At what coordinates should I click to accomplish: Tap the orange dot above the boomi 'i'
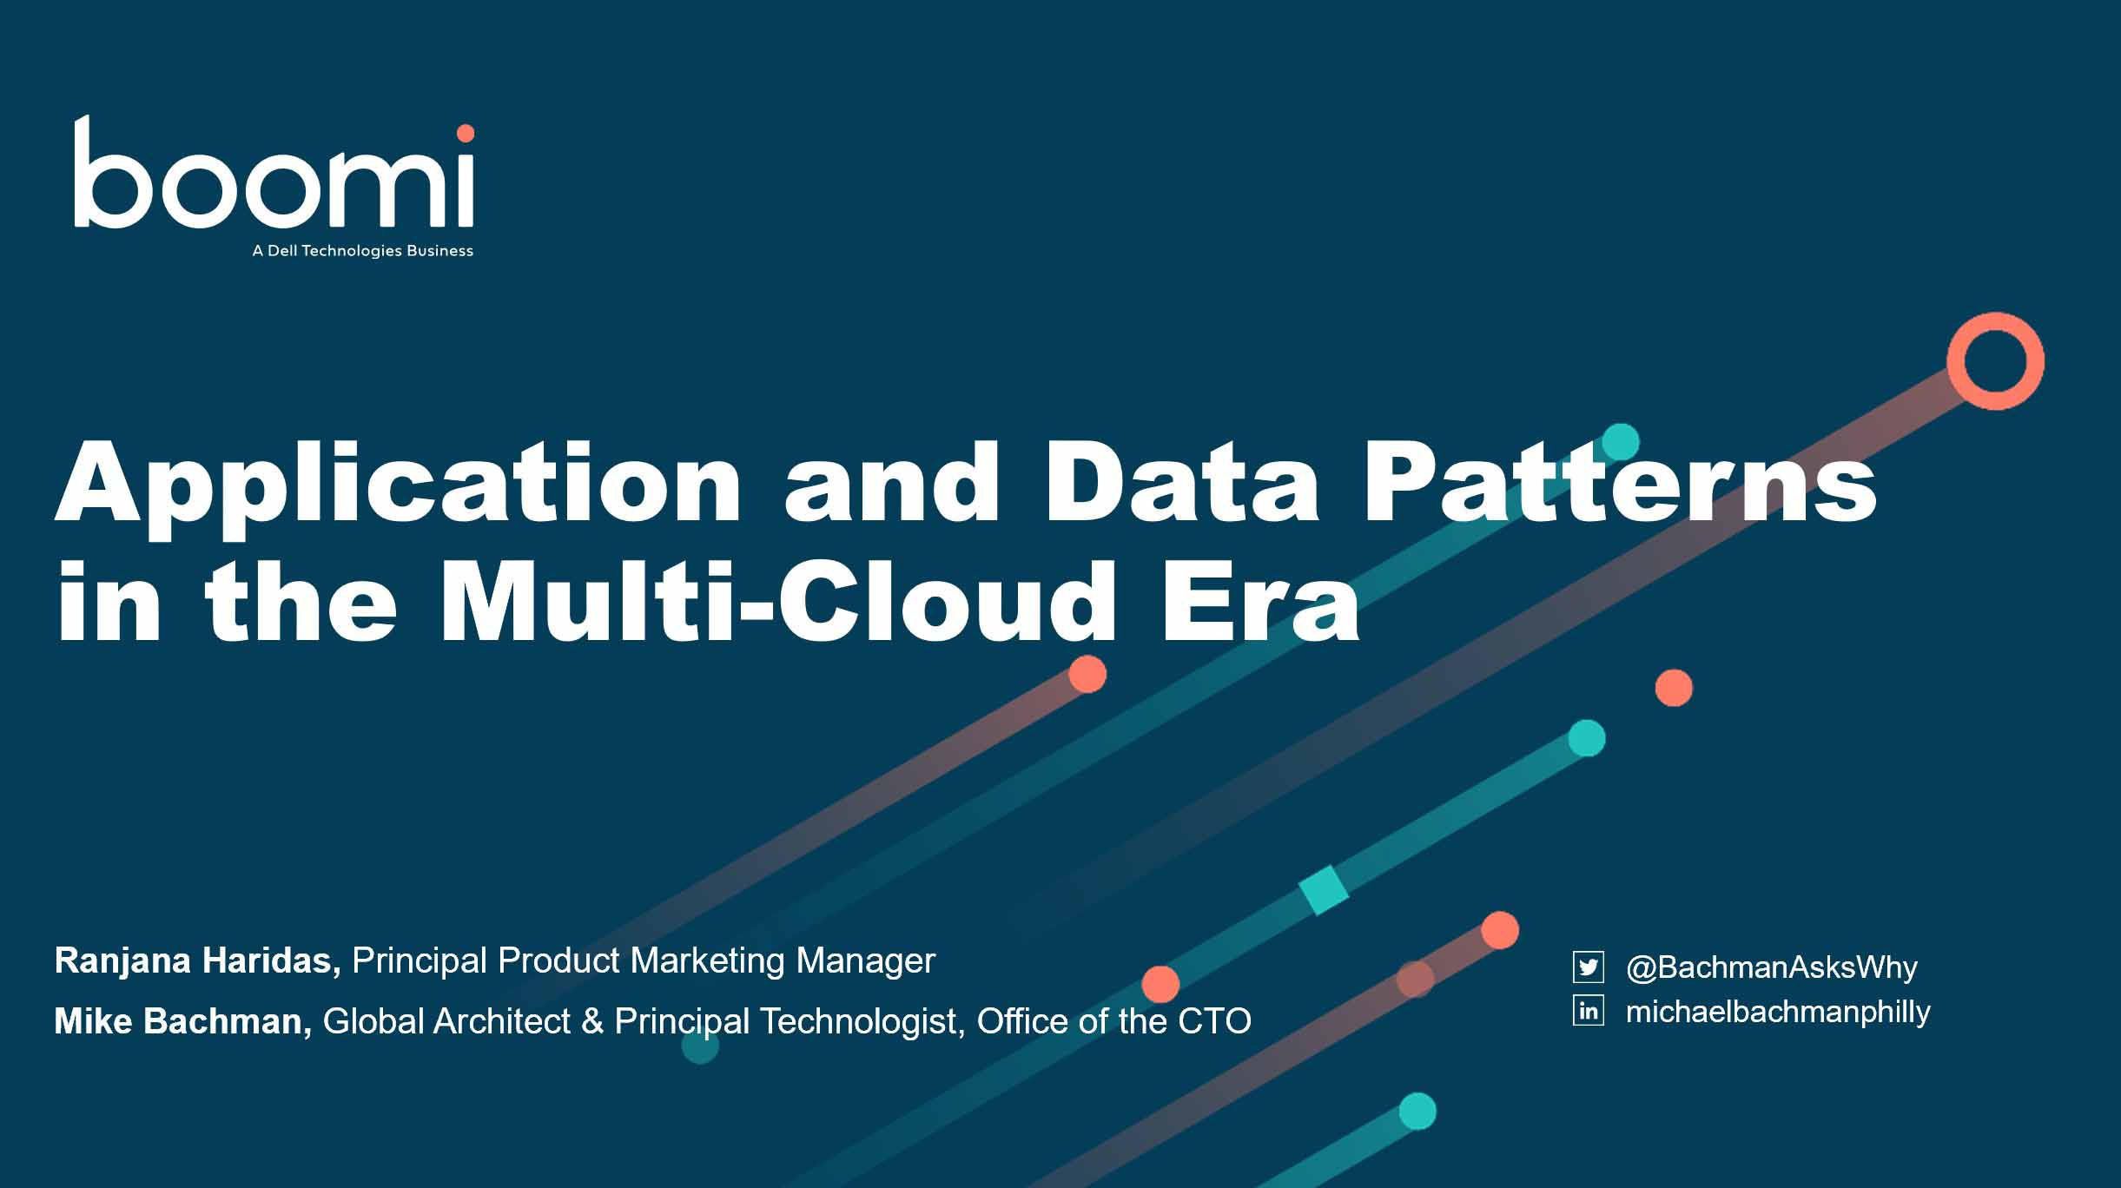[x=466, y=133]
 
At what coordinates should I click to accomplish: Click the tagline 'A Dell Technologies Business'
[x=363, y=251]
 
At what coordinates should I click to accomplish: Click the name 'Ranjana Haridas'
[x=197, y=960]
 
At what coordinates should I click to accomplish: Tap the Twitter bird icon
[x=1589, y=967]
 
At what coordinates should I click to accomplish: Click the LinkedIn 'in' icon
[x=1589, y=1011]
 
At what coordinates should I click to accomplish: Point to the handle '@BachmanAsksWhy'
[x=1772, y=967]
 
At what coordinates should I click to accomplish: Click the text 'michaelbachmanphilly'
[x=1778, y=1013]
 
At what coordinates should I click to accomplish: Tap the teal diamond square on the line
[x=1324, y=890]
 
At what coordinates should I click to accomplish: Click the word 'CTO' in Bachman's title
[x=1214, y=1022]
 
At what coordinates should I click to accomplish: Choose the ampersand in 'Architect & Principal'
[x=592, y=1022]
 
